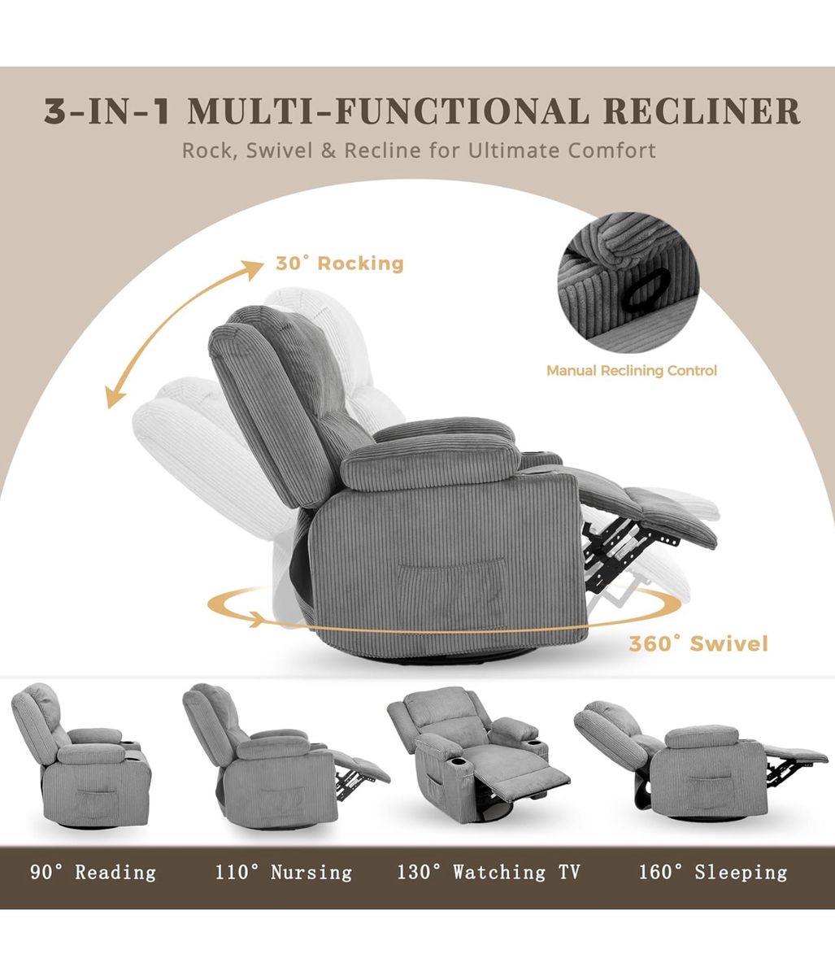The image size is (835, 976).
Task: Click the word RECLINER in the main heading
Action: tap(701, 111)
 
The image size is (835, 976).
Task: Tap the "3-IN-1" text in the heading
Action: tap(107, 111)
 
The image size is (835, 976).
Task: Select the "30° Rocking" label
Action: tap(339, 263)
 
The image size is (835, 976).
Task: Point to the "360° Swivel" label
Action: tap(698, 643)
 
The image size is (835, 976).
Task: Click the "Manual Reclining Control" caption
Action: tap(632, 371)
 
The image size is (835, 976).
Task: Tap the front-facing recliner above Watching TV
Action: tap(479, 756)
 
